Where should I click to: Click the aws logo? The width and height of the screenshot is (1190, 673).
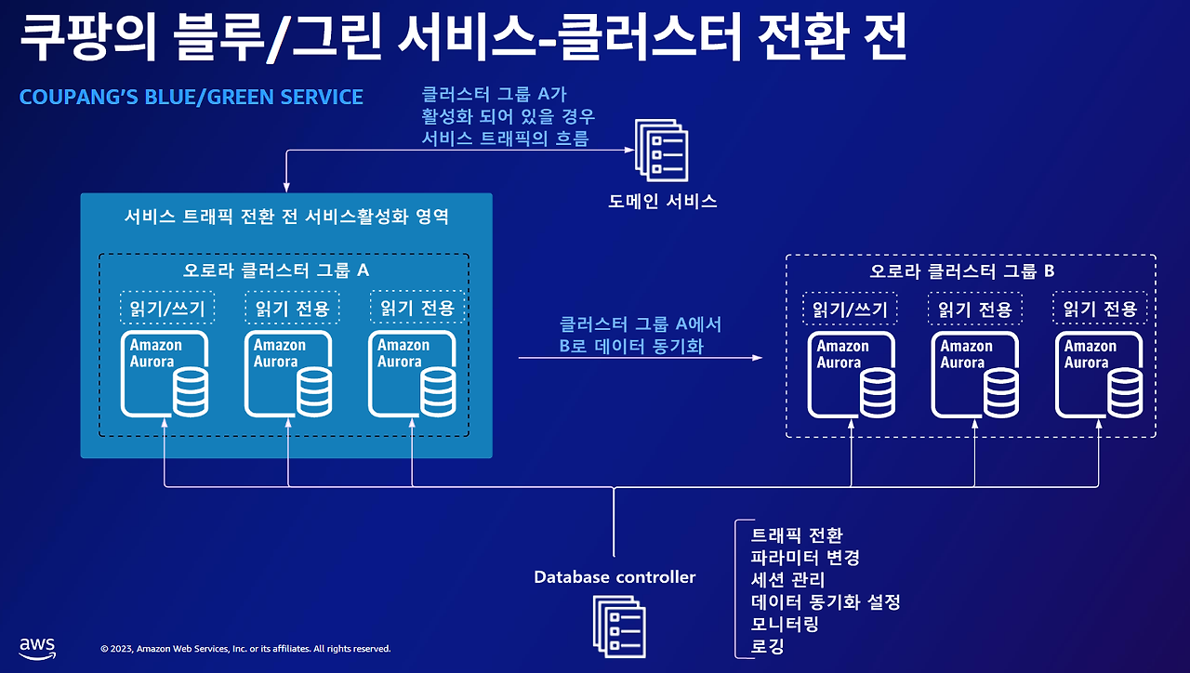point(37,647)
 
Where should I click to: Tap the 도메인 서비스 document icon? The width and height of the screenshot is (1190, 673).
point(661,150)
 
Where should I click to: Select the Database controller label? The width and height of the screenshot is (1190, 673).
point(615,577)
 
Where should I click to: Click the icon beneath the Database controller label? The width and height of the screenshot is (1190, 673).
point(618,624)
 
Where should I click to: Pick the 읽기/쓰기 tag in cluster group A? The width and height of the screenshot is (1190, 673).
point(167,308)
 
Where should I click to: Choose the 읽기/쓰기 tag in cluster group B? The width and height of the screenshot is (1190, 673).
point(851,309)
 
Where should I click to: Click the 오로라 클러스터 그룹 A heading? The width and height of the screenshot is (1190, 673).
point(276,271)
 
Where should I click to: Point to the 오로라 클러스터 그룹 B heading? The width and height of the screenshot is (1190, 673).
point(961,271)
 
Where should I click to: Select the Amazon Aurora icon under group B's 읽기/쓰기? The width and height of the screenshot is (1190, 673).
point(851,374)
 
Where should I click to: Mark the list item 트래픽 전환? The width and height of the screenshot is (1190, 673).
point(796,535)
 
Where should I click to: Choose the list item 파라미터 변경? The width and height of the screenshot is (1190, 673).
point(804,558)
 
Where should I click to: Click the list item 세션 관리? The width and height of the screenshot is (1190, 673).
point(787,580)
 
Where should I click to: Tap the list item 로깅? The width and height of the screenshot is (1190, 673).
point(767,646)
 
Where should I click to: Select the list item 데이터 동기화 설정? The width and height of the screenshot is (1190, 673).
point(825,601)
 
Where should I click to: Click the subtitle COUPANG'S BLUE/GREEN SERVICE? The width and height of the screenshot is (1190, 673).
point(191,97)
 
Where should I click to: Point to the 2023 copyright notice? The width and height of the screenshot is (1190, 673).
point(245,649)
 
